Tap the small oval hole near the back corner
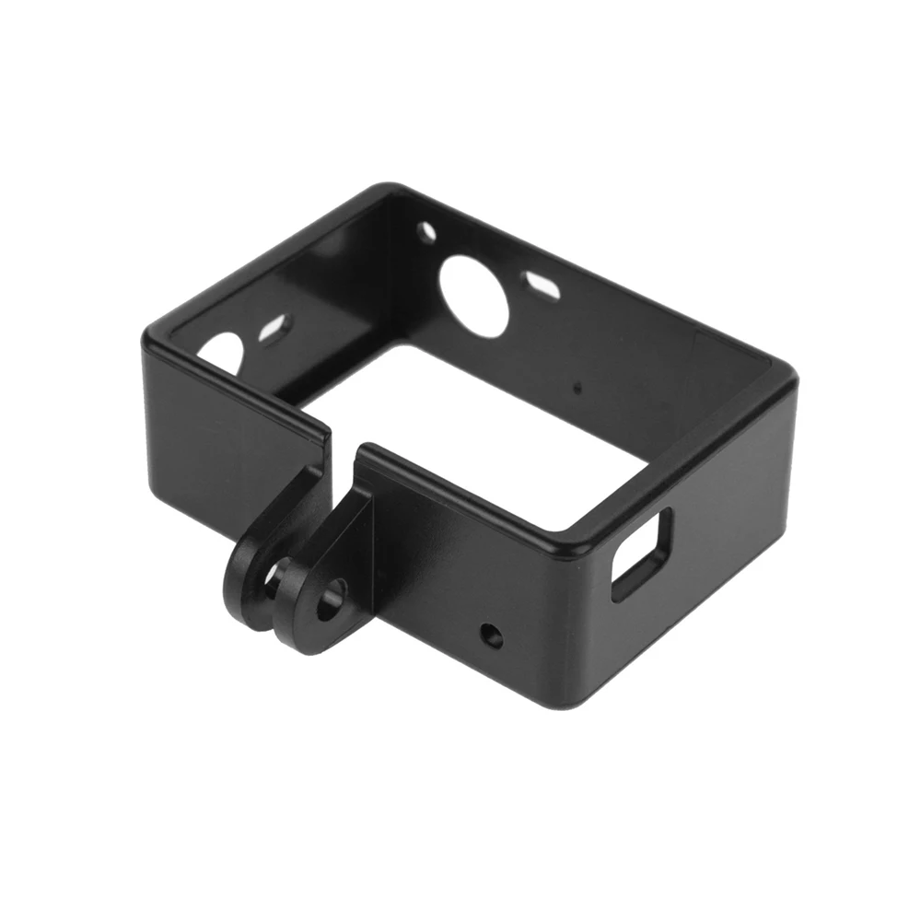426,232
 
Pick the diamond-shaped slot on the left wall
274,327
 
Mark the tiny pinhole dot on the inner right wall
577,388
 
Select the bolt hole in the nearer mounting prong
329,598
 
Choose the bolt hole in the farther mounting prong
274,577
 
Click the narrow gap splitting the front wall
343,451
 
